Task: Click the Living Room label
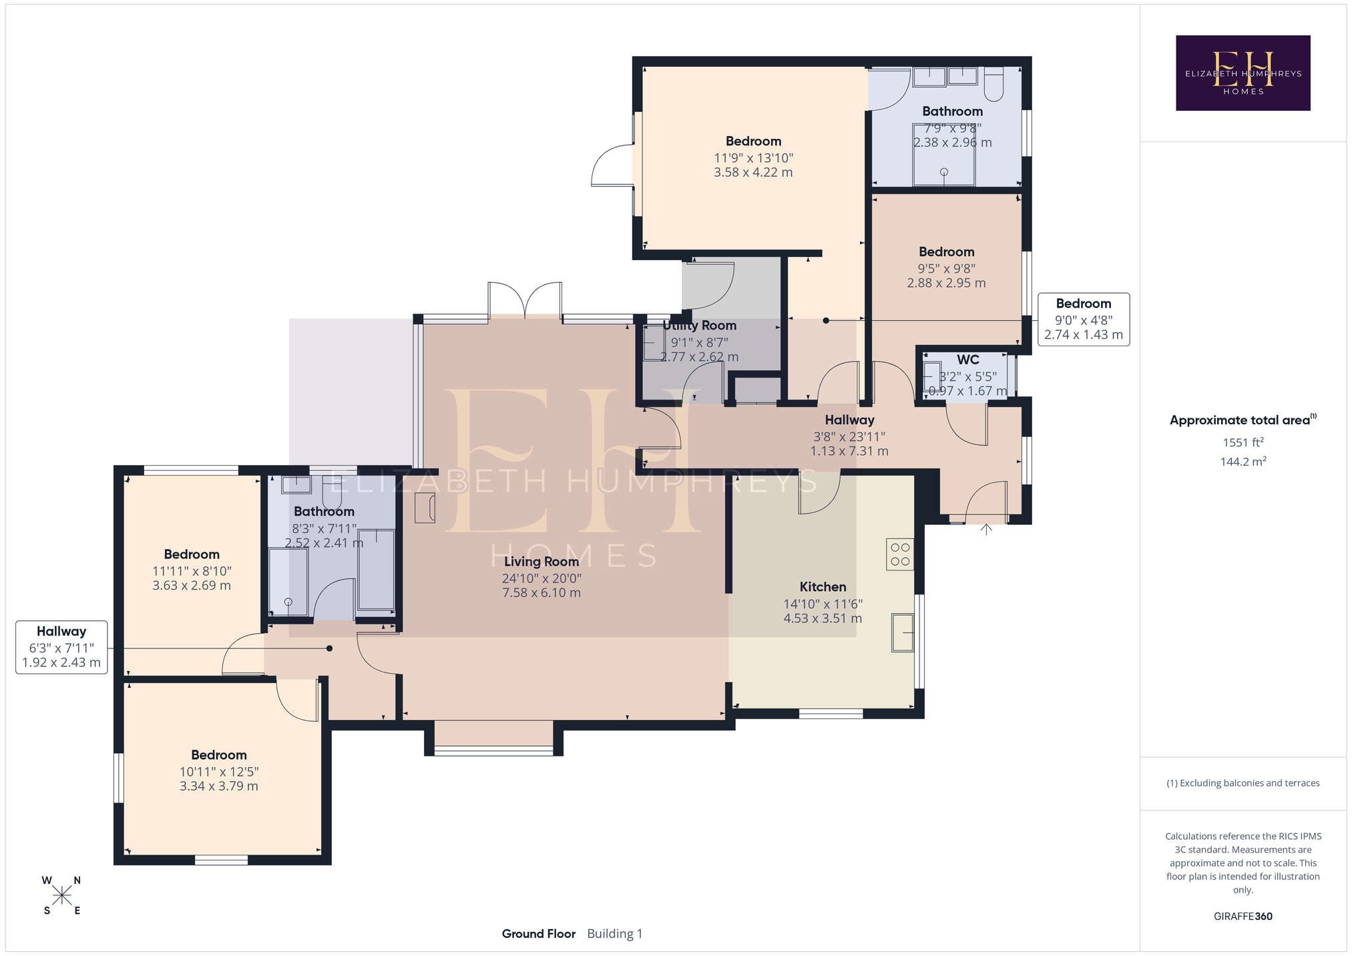541,562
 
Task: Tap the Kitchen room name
823,587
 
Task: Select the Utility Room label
699,326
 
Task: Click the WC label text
967,360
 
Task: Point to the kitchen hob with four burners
900,554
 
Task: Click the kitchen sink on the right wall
903,632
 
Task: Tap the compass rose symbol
61,895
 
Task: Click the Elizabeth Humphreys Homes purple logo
1243,73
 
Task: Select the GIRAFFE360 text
1243,916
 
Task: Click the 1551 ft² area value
1243,442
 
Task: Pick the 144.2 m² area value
1243,461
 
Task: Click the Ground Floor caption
539,933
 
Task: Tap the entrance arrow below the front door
986,529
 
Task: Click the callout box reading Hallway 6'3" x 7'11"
61,647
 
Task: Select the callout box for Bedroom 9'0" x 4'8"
1084,320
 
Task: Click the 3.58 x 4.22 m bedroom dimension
753,172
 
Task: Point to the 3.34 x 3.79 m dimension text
218,786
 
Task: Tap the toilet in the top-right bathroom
993,84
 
